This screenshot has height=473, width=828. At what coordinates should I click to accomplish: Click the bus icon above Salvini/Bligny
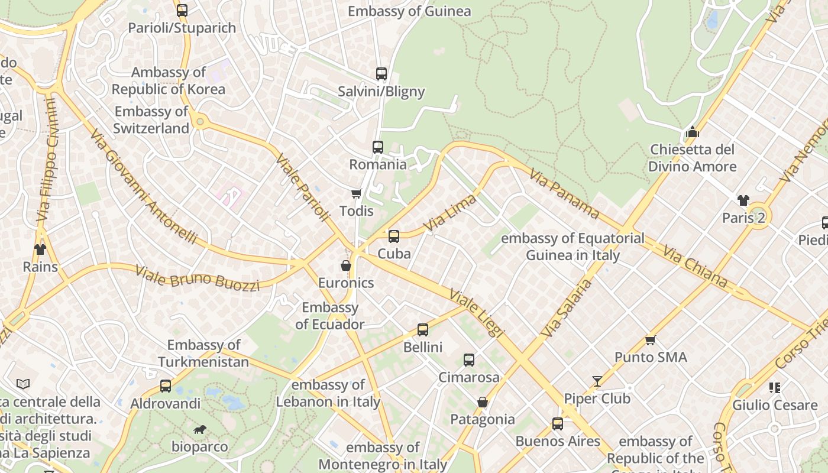pos(381,74)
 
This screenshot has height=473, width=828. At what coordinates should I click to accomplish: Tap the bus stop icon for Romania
pos(377,147)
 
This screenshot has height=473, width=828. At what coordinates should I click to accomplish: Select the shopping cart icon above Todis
pos(356,193)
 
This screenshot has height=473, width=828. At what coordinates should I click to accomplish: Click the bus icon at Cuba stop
pos(394,237)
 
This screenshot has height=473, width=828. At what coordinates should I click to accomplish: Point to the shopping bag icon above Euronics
pos(346,265)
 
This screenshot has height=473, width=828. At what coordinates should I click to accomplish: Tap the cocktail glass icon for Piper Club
pos(597,381)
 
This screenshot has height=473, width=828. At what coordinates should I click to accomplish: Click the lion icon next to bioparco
pos(200,429)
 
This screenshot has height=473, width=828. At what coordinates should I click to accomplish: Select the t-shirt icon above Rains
pos(40,250)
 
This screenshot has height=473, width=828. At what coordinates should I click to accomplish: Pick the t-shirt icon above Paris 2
pos(743,200)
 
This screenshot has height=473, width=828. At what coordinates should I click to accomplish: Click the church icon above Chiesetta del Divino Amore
pos(692,132)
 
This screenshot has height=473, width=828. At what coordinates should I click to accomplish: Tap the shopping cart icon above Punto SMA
pos(651,340)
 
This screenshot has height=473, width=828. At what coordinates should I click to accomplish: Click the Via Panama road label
pos(564,193)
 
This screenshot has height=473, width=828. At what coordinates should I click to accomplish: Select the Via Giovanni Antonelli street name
pos(144,186)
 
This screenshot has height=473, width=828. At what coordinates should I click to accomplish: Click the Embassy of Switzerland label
pos(151,120)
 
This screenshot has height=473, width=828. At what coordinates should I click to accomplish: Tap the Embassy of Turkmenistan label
pos(203,353)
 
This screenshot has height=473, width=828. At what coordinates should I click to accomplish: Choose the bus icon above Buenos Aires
pos(558,424)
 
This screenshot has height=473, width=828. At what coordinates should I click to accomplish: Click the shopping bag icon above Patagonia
pos(483,402)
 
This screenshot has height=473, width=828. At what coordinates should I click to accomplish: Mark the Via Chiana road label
pos(694,266)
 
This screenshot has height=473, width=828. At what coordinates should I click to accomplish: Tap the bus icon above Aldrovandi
pos(166,386)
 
